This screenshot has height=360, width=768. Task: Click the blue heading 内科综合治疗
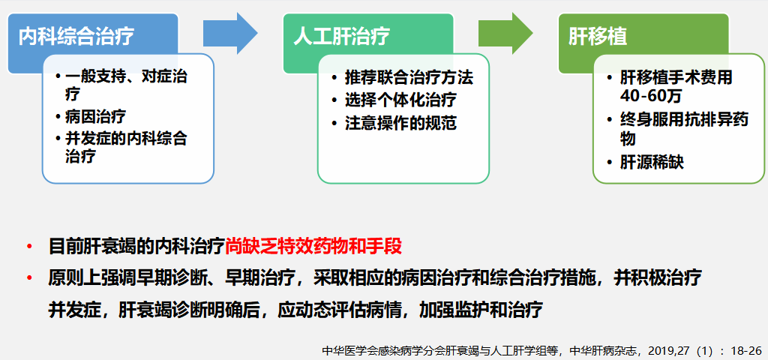[x=76, y=37]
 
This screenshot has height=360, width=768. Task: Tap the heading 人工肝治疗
[x=342, y=37]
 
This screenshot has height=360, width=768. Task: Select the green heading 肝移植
[x=598, y=37]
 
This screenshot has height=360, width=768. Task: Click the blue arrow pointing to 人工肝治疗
[x=230, y=33]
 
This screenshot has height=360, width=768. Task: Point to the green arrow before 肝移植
[x=505, y=33]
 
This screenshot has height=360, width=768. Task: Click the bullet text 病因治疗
[x=95, y=116]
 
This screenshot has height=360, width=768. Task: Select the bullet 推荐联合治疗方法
[x=409, y=77]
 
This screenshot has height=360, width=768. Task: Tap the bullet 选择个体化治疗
[x=400, y=100]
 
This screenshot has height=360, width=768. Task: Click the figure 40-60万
[x=650, y=97]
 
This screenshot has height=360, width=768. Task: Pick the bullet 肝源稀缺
[x=652, y=162]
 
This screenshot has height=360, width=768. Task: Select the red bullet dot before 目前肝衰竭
[x=30, y=246]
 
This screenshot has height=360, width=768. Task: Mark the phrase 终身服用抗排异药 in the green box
[x=684, y=120]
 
